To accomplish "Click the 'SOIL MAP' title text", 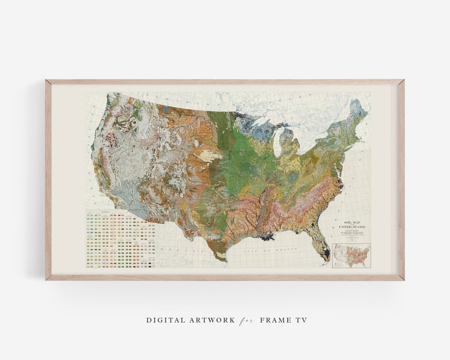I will click(352, 222).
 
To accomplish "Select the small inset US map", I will click(351, 255).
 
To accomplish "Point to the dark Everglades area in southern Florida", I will click(325, 255).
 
